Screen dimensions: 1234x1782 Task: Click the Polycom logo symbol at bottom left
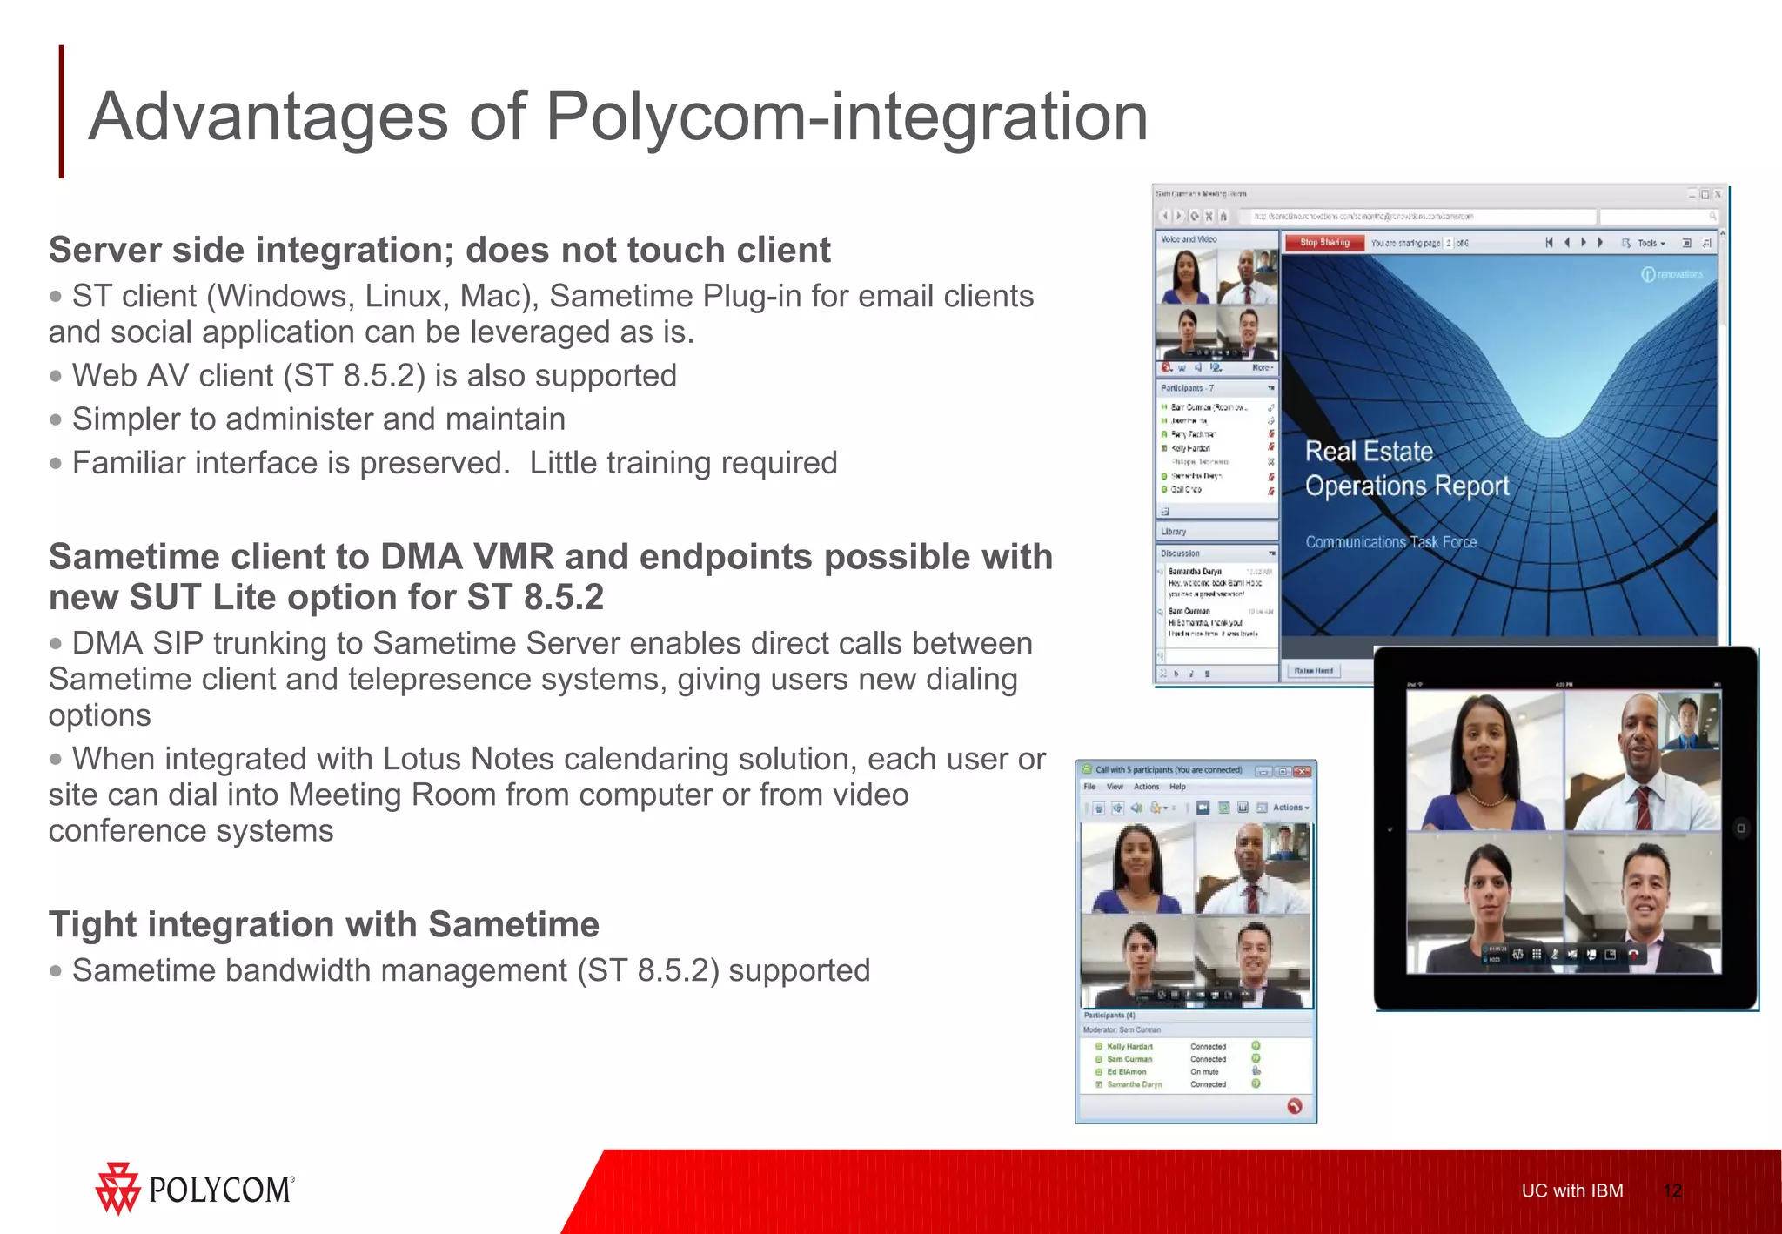(117, 1188)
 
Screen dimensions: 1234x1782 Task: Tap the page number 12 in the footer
(1671, 1190)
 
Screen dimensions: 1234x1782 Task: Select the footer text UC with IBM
(1571, 1190)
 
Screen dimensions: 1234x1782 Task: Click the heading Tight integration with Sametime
(324, 924)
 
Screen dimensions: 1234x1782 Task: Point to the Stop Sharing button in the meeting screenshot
(1323, 243)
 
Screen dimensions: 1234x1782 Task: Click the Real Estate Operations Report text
(1406, 469)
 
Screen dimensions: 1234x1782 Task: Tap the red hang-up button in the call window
(1294, 1106)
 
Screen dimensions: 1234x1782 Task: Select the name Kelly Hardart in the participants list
(1129, 1047)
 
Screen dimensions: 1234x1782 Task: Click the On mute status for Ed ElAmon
(1204, 1072)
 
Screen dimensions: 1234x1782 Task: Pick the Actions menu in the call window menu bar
(1146, 787)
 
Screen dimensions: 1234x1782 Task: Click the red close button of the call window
(1302, 771)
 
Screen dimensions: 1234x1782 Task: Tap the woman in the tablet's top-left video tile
(1484, 761)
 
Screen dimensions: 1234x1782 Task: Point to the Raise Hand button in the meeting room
(1313, 671)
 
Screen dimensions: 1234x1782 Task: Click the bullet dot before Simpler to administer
(57, 420)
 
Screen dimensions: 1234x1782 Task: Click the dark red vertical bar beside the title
(61, 111)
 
